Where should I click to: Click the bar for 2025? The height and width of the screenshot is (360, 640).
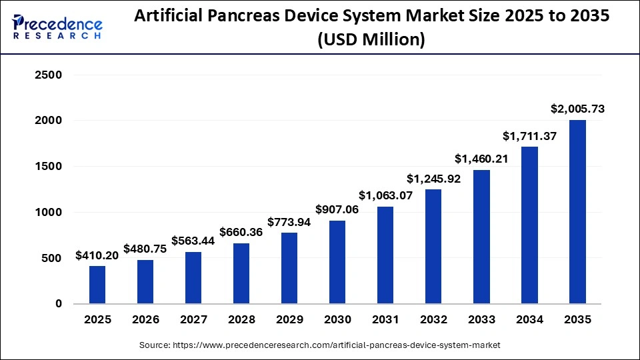[97, 285]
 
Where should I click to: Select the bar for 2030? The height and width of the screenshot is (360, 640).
[337, 262]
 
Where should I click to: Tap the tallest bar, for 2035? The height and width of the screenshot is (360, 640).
[577, 211]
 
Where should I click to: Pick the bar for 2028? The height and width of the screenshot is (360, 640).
[241, 273]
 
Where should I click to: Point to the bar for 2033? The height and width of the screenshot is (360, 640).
[481, 237]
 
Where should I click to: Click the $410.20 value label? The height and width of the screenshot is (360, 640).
[97, 255]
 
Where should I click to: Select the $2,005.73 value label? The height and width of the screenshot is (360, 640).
[577, 109]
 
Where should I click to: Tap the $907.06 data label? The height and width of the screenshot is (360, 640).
[337, 209]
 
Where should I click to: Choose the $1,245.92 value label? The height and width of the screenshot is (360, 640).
[433, 179]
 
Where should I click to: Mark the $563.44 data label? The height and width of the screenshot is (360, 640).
[193, 241]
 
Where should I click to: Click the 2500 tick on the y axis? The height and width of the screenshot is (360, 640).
[48, 75]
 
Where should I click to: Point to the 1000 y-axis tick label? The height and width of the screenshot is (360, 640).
[48, 213]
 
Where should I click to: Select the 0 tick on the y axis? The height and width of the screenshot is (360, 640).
[58, 304]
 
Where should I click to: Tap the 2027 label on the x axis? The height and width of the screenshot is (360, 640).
[193, 320]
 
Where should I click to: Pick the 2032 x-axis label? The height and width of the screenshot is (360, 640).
[433, 320]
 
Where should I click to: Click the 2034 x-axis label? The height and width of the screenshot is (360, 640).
[529, 320]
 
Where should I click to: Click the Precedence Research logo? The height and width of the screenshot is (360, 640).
[57, 26]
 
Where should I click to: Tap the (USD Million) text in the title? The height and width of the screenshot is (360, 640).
[371, 40]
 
